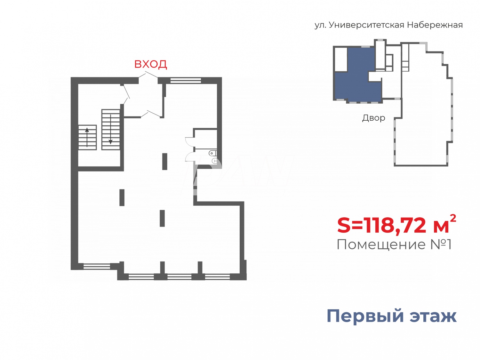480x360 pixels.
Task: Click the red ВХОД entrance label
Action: coord(150,64)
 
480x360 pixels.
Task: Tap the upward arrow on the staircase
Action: coord(87,137)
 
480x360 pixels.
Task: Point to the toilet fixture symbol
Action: coord(213,154)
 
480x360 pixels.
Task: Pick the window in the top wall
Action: coord(186,80)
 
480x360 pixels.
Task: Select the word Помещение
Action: coord(381,245)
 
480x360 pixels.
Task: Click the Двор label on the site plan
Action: coord(373,118)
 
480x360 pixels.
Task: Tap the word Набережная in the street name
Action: coord(435,25)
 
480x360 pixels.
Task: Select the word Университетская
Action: coord(367,25)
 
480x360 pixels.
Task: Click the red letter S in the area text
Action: coord(344,225)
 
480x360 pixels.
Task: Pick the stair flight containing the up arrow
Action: coord(87,137)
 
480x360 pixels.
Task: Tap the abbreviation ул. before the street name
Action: coord(320,25)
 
